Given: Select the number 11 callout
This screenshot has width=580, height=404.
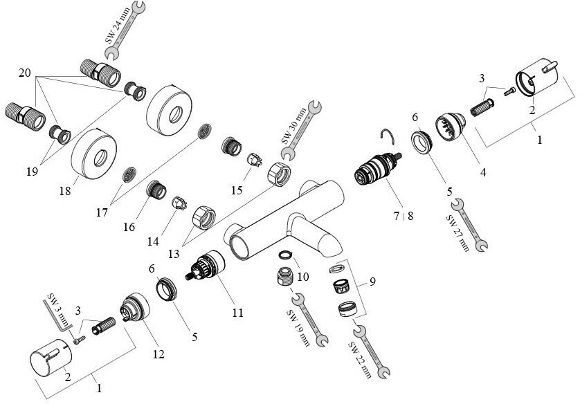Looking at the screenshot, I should [x=237, y=313].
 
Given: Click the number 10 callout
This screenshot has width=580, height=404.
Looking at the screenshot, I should [x=302, y=277].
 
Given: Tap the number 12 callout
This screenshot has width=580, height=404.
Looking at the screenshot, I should [x=158, y=354].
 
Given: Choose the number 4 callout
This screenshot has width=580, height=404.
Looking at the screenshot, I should [x=483, y=172].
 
